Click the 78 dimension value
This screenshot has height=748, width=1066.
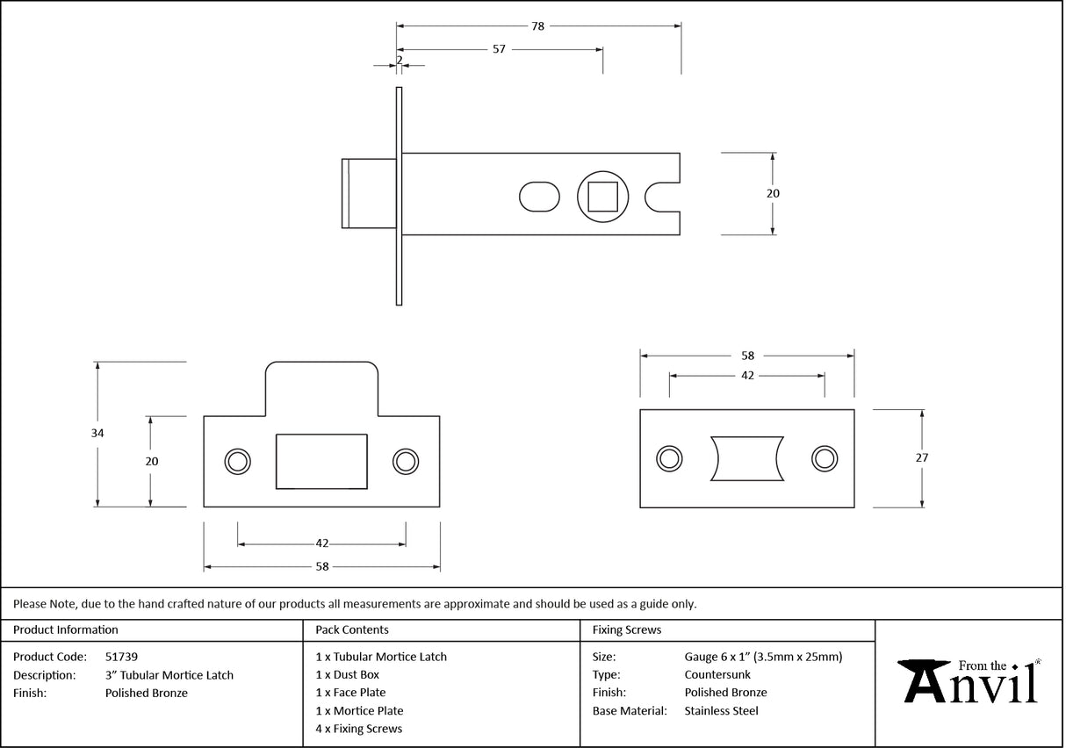click(537, 26)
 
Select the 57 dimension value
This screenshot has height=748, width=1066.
click(499, 49)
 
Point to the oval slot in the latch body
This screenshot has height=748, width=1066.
click(539, 196)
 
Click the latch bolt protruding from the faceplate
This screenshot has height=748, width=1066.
click(368, 193)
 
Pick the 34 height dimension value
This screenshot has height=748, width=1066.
click(97, 433)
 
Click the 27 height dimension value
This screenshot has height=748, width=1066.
click(921, 457)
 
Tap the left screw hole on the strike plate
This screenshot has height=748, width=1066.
click(237, 461)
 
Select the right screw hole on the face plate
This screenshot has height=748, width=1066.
click(824, 457)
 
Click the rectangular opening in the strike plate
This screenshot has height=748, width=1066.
click(321, 461)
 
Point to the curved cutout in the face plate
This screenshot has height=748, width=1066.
click(746, 458)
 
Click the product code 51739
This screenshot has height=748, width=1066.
click(121, 657)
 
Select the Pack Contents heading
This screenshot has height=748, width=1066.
click(352, 629)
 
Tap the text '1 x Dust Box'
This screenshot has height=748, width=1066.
click(348, 675)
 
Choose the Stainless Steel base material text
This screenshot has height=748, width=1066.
click(721, 711)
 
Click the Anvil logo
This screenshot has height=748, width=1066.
click(969, 681)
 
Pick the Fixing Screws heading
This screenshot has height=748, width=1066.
click(627, 629)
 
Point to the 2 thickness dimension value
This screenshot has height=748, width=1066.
click(400, 61)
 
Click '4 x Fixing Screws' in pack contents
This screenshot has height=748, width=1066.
click(359, 729)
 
